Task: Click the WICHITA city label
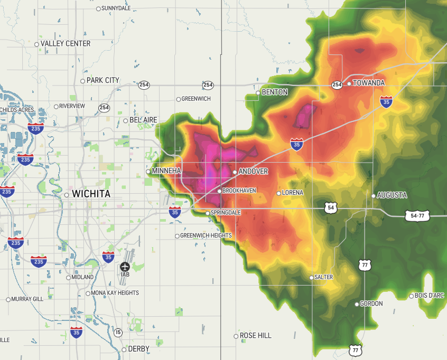91,194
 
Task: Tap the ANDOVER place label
253,172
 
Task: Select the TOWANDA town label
368,83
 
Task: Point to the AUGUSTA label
393,195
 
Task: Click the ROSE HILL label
255,336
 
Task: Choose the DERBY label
138,349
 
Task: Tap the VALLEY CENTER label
66,44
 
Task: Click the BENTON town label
275,92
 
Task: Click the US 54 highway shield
331,207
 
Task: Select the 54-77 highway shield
417,215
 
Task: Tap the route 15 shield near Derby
118,333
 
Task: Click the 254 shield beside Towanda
337,84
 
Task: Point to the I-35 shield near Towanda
386,101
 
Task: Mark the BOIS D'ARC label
430,296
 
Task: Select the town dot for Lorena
279,193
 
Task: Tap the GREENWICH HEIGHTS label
206,236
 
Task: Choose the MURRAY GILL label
26,299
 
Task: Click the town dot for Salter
311,278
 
